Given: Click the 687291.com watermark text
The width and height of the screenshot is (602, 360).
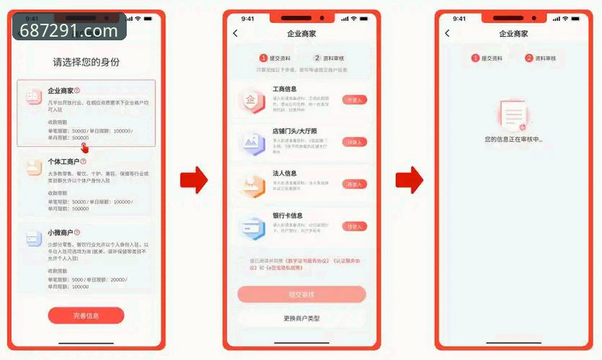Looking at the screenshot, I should point(69,31).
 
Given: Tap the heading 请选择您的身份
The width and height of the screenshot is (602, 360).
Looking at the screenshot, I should point(86,62).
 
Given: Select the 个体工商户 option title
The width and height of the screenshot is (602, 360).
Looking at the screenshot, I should point(63,162).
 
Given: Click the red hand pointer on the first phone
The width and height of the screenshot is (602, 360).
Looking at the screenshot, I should point(86,146).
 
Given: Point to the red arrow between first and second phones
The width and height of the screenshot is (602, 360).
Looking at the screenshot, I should point(193,180).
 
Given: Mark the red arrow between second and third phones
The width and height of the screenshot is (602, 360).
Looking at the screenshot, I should point(408,180).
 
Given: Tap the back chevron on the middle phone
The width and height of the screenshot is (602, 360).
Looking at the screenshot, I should point(235,34).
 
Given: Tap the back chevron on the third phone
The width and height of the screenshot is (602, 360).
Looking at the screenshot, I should point(447,34).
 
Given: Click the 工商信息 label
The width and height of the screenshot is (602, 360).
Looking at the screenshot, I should point(284,89).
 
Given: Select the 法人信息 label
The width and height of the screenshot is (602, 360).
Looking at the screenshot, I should point(284,173).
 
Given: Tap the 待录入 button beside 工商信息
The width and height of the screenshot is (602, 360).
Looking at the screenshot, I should point(354,101).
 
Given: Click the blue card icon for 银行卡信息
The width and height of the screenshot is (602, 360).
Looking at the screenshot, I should point(253,228).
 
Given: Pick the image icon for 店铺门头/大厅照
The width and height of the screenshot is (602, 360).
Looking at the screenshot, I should point(253,143).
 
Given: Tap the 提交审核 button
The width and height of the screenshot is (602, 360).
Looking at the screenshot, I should point(302,294).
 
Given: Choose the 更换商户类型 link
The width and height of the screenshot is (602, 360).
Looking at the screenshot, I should point(302,318).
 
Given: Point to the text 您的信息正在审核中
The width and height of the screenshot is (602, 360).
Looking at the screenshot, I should point(513,138).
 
